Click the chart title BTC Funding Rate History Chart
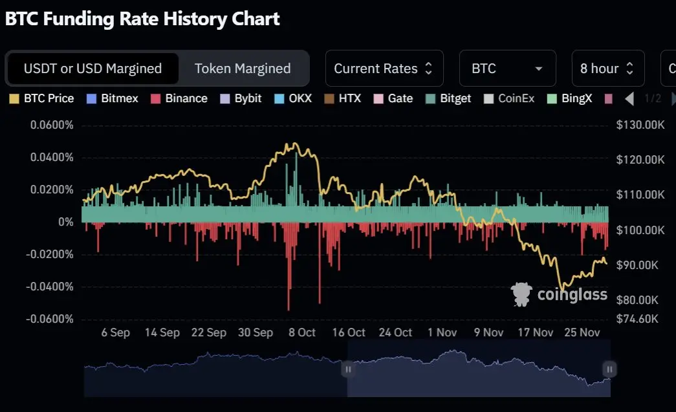(x=142, y=19)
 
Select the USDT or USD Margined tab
(x=93, y=69)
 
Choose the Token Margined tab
(x=243, y=69)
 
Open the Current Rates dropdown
(x=384, y=69)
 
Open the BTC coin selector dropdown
(x=507, y=69)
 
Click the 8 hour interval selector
(x=607, y=69)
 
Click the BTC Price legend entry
(x=42, y=99)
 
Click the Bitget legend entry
(x=449, y=99)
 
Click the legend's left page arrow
(x=629, y=99)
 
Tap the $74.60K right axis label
(x=637, y=319)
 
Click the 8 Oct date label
(x=302, y=332)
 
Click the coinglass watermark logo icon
(x=521, y=294)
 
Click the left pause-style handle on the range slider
(x=348, y=369)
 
